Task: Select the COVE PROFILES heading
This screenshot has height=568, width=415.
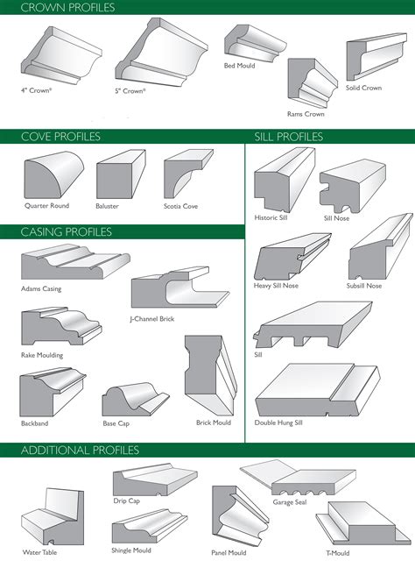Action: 60,137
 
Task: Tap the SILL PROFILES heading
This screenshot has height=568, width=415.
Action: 288,137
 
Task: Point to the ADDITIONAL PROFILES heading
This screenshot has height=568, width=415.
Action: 81,451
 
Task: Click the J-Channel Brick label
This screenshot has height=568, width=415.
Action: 151,319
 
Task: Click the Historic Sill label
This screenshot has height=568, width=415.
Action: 270,218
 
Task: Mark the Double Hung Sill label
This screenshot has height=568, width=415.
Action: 278,422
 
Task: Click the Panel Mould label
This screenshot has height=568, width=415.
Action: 226,553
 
